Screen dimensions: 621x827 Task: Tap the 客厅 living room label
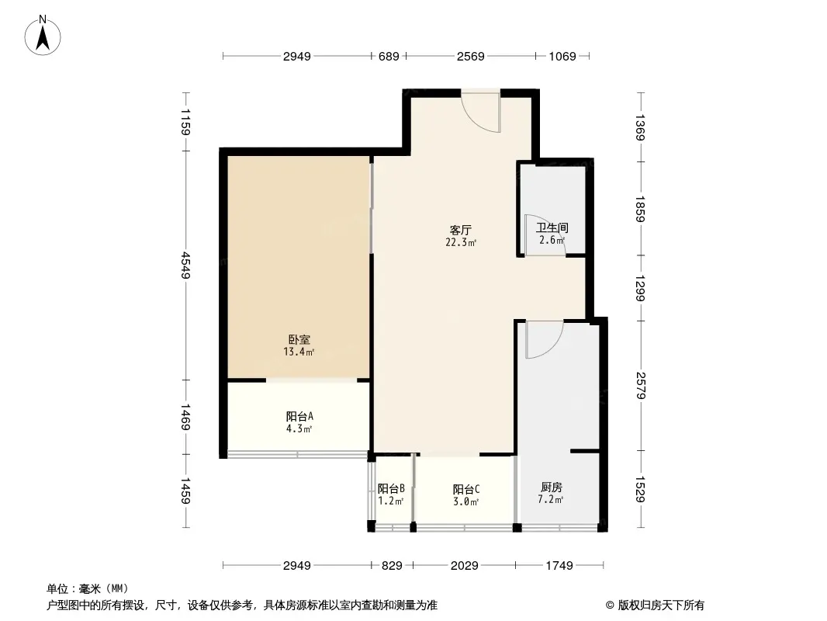pos(461,230)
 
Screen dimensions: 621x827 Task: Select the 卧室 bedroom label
pos(299,340)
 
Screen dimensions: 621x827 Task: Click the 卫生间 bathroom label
pos(552,228)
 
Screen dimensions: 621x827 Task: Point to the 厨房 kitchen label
pos(552,487)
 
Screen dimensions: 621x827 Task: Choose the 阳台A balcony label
pos(299,416)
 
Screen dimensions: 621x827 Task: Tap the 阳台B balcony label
pos(391,489)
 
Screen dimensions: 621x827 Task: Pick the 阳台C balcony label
pos(466,489)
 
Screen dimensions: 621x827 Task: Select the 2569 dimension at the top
pos(470,56)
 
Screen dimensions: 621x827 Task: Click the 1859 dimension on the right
pos(639,209)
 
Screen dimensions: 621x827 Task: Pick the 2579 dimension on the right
pos(639,385)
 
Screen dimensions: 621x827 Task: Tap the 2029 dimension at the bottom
pos(464,565)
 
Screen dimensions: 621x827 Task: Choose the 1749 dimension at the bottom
pos(558,565)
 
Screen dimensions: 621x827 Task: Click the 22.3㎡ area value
pos(461,242)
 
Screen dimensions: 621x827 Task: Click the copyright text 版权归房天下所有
pos(660,605)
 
